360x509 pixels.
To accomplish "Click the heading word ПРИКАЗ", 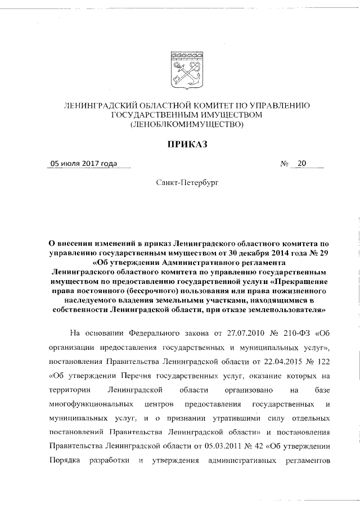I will tap(185, 145).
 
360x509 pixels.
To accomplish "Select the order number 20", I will tap(302, 164).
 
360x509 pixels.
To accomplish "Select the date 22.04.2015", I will tap(266, 361).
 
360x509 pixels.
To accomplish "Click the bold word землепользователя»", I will tap(277, 309).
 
